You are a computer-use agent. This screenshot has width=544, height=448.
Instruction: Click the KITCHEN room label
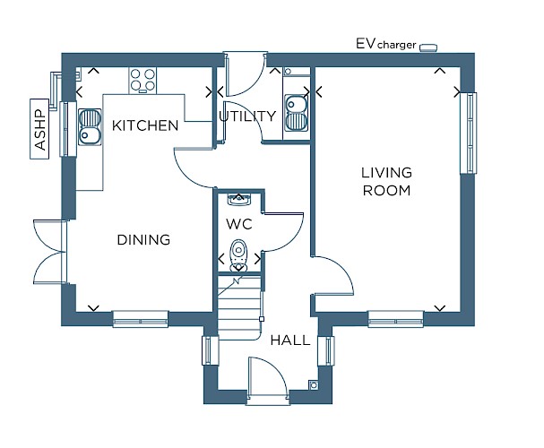click(x=145, y=125)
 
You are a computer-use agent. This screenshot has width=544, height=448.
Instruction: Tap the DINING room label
click(x=143, y=240)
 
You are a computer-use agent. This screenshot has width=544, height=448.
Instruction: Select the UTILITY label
click(x=247, y=116)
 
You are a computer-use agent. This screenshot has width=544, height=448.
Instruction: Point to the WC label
click(x=239, y=224)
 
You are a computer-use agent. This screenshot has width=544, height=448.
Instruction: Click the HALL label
click(x=290, y=340)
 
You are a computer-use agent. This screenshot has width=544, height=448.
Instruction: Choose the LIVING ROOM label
click(x=386, y=181)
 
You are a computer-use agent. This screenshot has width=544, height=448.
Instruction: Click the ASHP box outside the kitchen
click(x=39, y=129)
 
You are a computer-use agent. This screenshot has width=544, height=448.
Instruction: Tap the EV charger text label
click(x=385, y=44)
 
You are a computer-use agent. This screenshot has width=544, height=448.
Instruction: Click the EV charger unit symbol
click(x=428, y=47)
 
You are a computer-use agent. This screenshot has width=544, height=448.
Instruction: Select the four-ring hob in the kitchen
click(x=142, y=80)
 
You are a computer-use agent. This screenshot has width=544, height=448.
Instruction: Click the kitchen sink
click(x=90, y=127)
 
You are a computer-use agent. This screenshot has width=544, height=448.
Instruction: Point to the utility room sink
click(x=297, y=113)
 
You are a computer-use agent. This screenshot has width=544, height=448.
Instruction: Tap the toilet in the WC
click(x=238, y=255)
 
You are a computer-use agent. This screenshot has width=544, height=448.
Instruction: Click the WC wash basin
click(x=238, y=200)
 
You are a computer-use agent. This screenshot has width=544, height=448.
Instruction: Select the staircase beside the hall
click(x=239, y=307)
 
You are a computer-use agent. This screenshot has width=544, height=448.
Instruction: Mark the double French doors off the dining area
click(x=49, y=252)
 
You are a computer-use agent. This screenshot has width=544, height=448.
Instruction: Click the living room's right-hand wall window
click(x=469, y=133)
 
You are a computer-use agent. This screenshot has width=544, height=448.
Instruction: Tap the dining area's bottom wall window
click(x=141, y=319)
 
